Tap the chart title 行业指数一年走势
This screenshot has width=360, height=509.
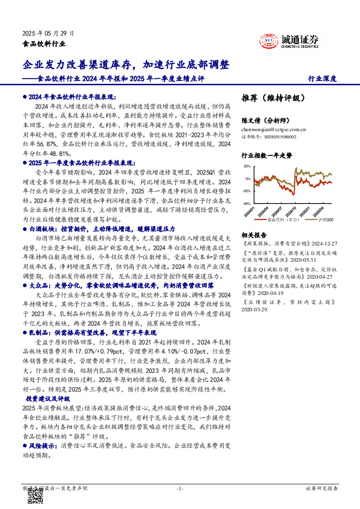tap(267, 155)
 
